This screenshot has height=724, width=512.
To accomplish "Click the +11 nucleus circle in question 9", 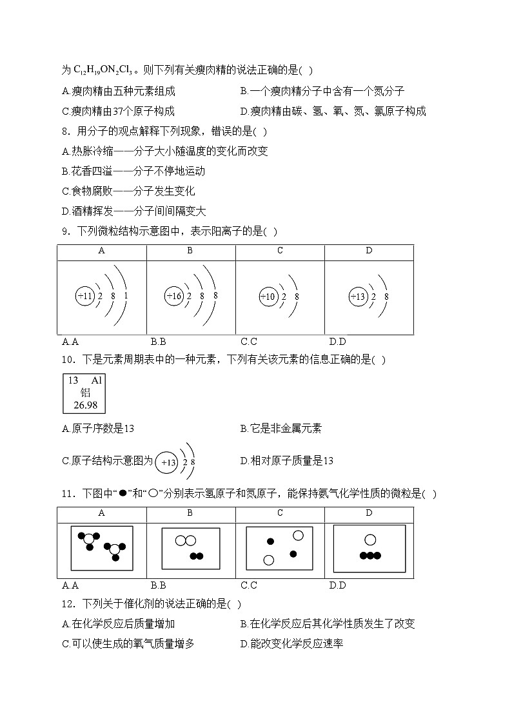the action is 86,297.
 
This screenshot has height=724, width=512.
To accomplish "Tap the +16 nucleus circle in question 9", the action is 174,297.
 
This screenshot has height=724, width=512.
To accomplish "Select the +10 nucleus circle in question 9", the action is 268,297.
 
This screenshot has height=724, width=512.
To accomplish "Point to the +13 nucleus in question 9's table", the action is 357,297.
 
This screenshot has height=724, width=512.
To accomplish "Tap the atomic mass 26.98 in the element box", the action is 84,405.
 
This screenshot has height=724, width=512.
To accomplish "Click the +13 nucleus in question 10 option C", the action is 168,462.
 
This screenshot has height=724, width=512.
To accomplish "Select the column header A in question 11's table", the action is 102,513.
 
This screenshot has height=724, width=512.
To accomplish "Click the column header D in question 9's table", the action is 369,250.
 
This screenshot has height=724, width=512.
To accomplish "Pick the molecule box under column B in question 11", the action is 192,548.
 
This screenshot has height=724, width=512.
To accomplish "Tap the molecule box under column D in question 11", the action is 369,548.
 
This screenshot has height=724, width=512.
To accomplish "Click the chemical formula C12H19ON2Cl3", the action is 99,70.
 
